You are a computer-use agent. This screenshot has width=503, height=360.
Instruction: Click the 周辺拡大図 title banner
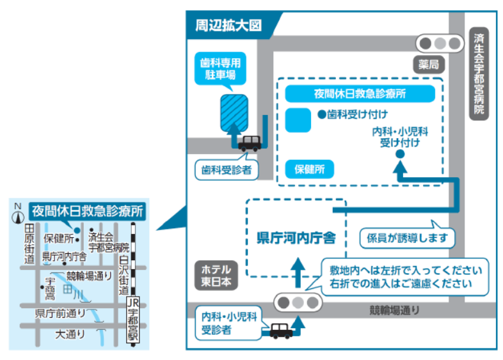[x=228, y=26]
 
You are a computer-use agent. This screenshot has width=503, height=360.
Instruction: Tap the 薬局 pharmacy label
[x=429, y=65]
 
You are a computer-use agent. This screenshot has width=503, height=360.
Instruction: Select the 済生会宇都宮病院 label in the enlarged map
[x=479, y=74]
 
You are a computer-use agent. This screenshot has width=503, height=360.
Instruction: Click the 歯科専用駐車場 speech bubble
[x=220, y=69]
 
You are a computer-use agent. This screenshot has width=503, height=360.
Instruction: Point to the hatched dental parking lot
[x=234, y=113]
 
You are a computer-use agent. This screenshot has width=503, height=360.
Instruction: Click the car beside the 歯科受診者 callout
[x=250, y=143]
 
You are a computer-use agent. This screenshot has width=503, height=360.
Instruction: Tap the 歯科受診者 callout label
[x=227, y=169]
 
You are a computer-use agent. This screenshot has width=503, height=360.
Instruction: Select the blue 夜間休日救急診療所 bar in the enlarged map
[x=360, y=93]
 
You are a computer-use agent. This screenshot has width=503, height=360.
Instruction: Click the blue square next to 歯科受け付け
[x=298, y=120]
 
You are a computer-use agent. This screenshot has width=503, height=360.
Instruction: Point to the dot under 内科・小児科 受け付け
[x=400, y=154]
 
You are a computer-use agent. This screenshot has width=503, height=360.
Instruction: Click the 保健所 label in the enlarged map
[x=310, y=169]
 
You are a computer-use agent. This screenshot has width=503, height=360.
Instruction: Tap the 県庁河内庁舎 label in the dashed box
[x=296, y=238]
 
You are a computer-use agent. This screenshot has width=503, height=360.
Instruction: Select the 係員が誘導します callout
[x=407, y=238]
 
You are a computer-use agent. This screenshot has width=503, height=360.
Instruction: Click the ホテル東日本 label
[x=216, y=276]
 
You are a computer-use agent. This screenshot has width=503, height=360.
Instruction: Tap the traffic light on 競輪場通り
[x=298, y=302]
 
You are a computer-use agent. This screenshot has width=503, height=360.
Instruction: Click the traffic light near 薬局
[x=440, y=43]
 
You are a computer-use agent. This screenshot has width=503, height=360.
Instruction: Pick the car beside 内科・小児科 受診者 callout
[x=281, y=331]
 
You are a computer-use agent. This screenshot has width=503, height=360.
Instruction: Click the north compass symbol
[x=18, y=214]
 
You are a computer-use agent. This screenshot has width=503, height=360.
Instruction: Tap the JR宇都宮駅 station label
[x=133, y=320]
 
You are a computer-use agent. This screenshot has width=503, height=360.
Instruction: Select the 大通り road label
[x=70, y=334]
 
